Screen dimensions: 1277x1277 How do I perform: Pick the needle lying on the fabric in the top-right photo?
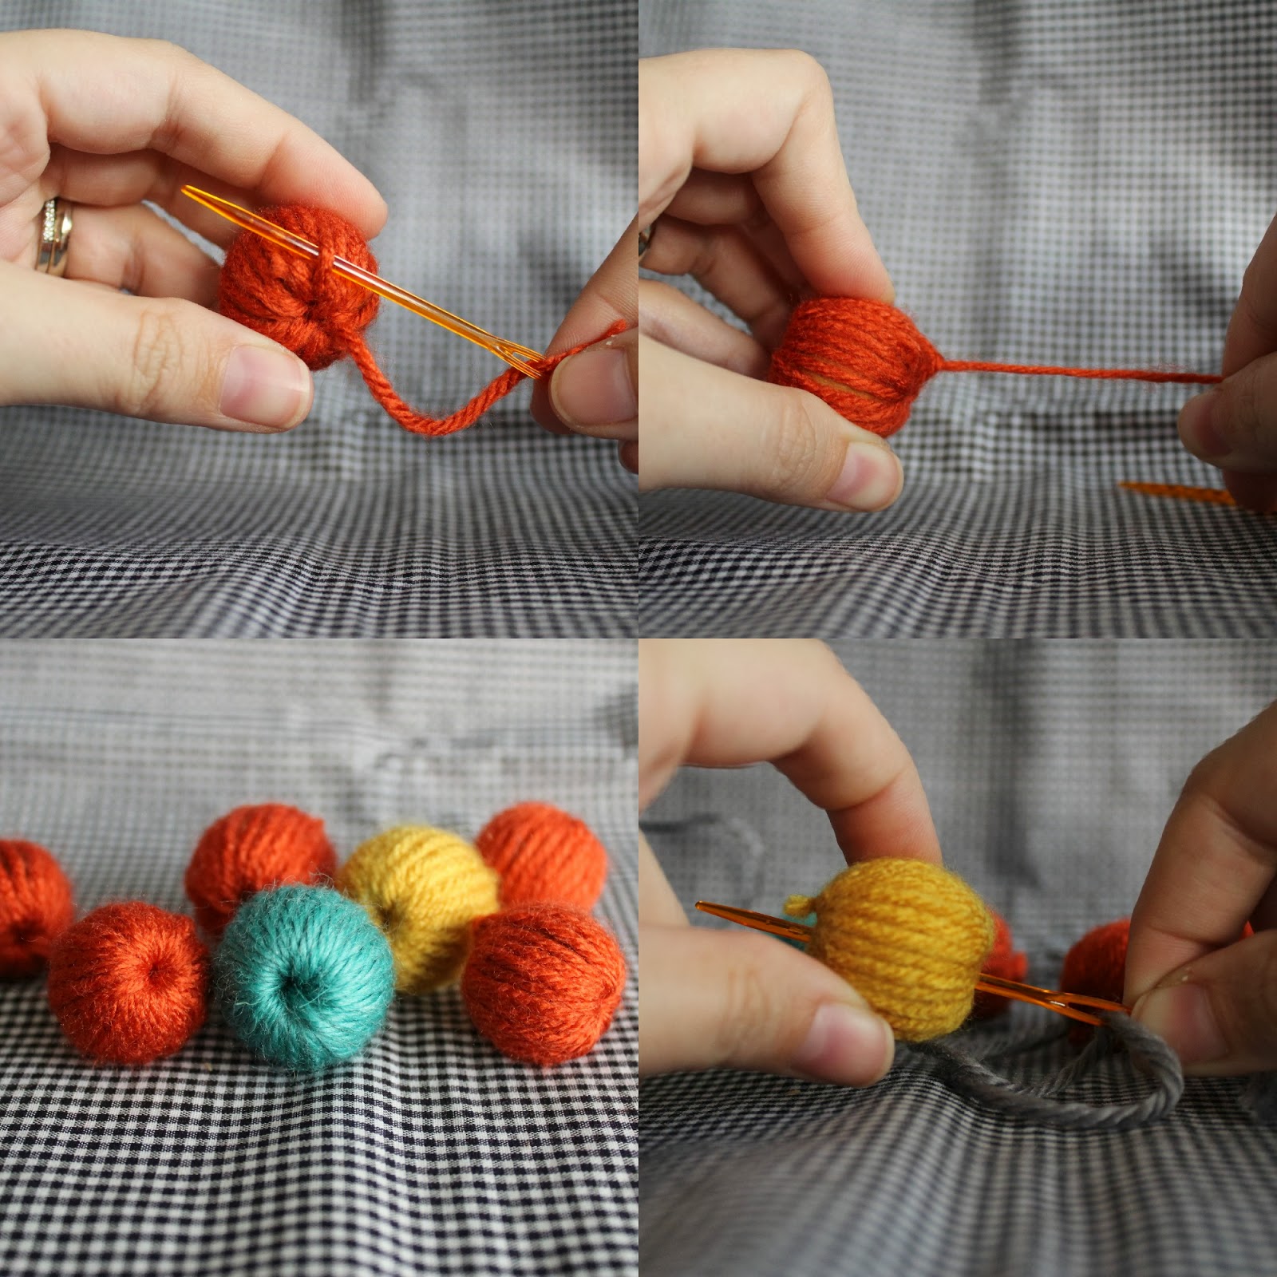1173,493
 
